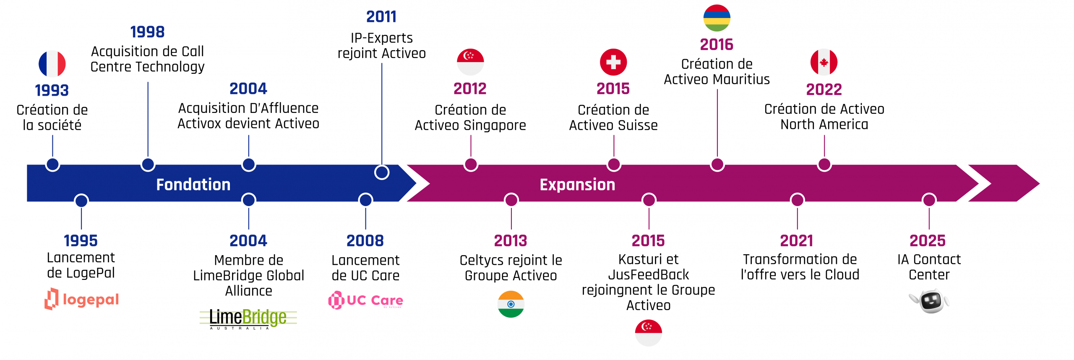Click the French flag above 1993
52,64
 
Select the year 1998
147,32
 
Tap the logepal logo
82,299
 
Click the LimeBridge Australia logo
248,319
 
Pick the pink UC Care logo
365,300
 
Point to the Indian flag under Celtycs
511,304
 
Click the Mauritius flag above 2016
717,18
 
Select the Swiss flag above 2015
613,62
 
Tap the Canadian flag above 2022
824,62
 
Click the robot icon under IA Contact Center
930,300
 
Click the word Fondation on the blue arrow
193,185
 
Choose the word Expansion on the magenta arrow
577,185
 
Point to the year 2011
381,17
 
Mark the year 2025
928,241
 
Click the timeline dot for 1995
81,201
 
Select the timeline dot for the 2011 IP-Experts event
382,172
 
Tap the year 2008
365,241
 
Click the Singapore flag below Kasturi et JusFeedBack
649,333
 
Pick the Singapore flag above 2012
470,62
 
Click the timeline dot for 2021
798,200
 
